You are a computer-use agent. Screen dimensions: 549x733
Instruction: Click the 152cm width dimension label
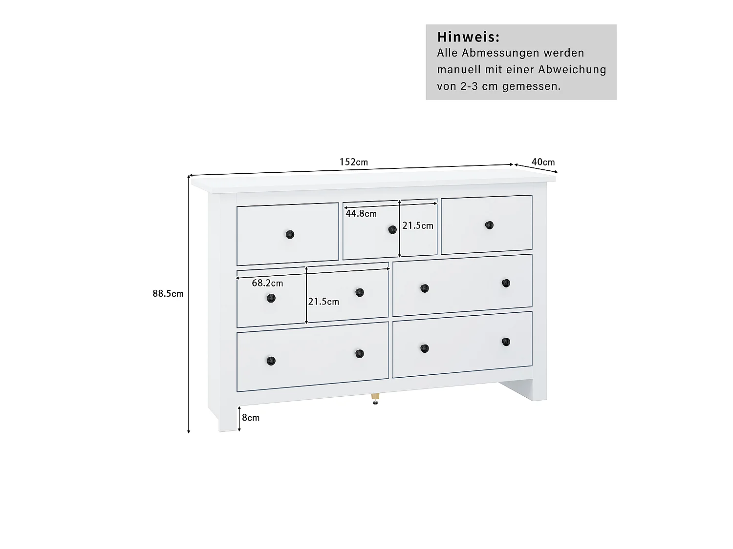click(354, 162)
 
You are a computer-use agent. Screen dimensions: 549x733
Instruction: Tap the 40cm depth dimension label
click(543, 162)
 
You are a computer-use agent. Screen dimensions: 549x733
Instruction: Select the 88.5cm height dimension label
click(168, 293)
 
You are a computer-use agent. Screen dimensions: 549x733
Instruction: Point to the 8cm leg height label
click(251, 418)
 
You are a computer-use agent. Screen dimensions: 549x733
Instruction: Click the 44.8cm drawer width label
click(361, 213)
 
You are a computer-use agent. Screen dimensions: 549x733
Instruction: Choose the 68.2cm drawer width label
click(267, 283)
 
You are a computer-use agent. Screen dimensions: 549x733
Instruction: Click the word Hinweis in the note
click(468, 37)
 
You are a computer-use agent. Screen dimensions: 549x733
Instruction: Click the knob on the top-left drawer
click(290, 235)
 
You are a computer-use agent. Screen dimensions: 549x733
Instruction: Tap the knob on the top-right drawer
click(489, 225)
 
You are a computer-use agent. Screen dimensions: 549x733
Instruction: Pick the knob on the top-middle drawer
click(392, 230)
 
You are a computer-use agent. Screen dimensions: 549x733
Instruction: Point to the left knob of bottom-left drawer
click(271, 361)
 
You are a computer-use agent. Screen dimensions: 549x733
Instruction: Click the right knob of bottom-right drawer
click(506, 342)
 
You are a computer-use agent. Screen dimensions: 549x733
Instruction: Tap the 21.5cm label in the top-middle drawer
click(418, 225)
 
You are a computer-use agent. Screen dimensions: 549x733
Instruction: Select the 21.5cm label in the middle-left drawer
click(323, 302)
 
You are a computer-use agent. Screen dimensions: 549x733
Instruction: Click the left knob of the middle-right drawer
click(425, 289)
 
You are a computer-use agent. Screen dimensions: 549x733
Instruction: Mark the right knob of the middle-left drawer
click(360, 293)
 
